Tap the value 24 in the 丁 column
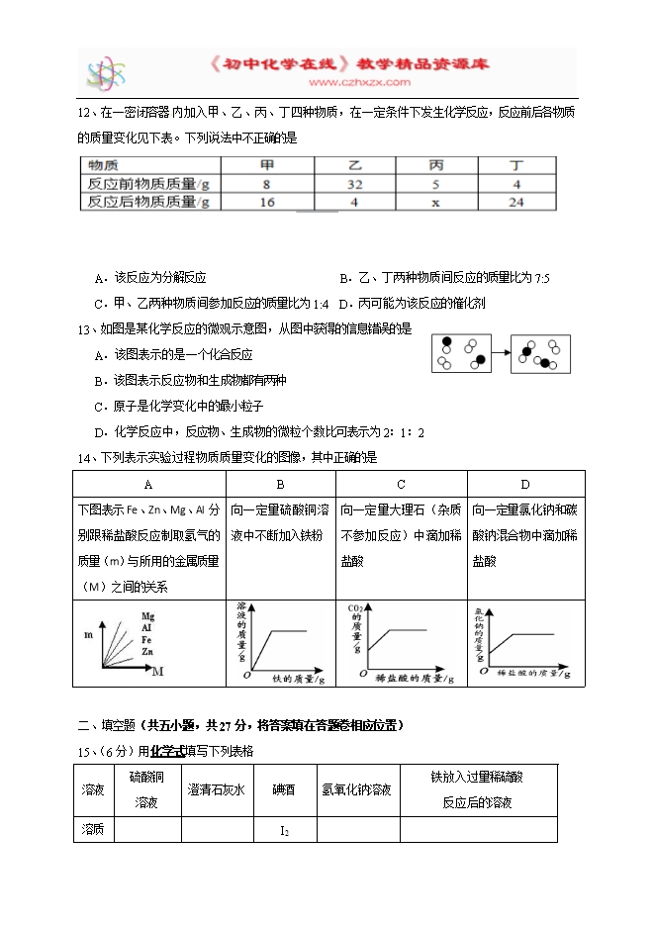point(515,203)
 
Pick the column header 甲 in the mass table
point(266,165)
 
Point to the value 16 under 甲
point(266,203)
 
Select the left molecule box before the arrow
point(462,353)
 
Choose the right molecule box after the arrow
point(540,354)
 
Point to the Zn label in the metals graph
point(146,652)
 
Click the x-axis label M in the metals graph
point(157,672)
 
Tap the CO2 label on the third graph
point(355,608)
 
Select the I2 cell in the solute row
point(284,831)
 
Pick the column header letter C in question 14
point(401,484)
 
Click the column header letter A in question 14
point(148,484)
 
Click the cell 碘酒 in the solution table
point(284,789)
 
